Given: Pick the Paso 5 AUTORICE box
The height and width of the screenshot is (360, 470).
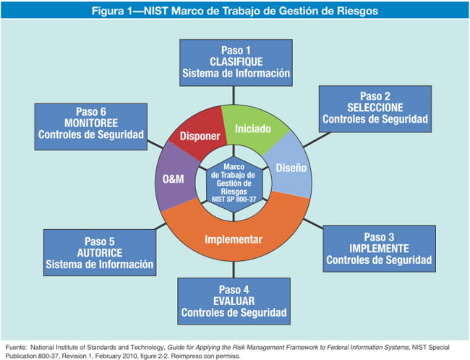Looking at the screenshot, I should coord(99,254).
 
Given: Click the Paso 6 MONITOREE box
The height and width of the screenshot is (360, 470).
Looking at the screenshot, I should coord(90,123).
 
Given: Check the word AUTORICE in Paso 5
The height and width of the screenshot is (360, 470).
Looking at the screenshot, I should coord(99,254).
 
